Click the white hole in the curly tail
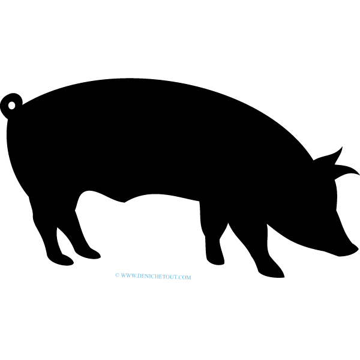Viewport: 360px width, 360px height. point(11,106)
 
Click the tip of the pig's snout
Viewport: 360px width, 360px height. point(358,248)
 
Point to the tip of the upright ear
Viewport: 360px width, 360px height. point(343,147)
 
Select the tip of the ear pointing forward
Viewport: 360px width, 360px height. point(359,175)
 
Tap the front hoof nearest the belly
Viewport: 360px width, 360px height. point(215,260)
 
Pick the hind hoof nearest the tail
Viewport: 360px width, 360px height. point(60,260)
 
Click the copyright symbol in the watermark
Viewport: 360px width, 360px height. point(117,275)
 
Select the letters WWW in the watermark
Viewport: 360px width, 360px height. point(128,275)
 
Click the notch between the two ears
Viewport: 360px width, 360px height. point(335,164)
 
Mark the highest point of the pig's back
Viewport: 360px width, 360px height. point(133,79)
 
